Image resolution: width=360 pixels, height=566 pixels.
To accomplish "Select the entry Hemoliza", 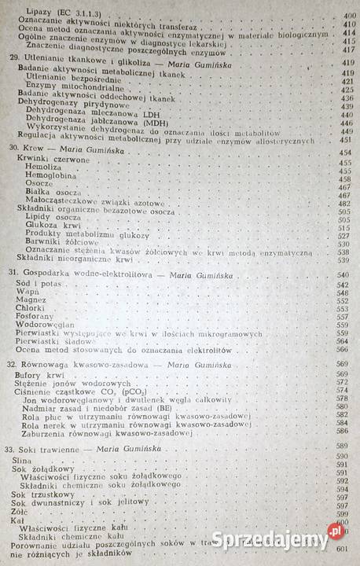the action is click(x=43, y=167).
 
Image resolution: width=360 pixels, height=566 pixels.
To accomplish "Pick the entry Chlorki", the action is click(x=31, y=308).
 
